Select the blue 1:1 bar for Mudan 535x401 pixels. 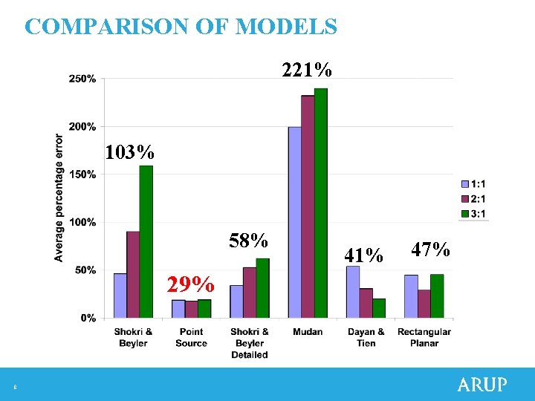click(x=295, y=223)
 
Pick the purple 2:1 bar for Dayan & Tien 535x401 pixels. click(x=366, y=304)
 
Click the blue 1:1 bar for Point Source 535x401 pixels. click(x=178, y=309)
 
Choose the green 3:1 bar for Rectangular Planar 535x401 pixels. click(x=437, y=296)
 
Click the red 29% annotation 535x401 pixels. click(x=191, y=285)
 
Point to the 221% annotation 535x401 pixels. click(x=307, y=71)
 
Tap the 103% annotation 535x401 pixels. click(x=130, y=153)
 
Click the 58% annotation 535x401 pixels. click(x=248, y=241)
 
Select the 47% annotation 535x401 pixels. click(x=431, y=250)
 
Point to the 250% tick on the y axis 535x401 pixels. click(x=82, y=78)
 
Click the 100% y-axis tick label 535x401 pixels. click(x=82, y=222)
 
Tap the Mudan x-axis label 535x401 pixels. click(x=308, y=332)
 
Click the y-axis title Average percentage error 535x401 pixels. click(x=59, y=198)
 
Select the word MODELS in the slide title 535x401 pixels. click(x=286, y=27)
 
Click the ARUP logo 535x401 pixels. click(x=482, y=385)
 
